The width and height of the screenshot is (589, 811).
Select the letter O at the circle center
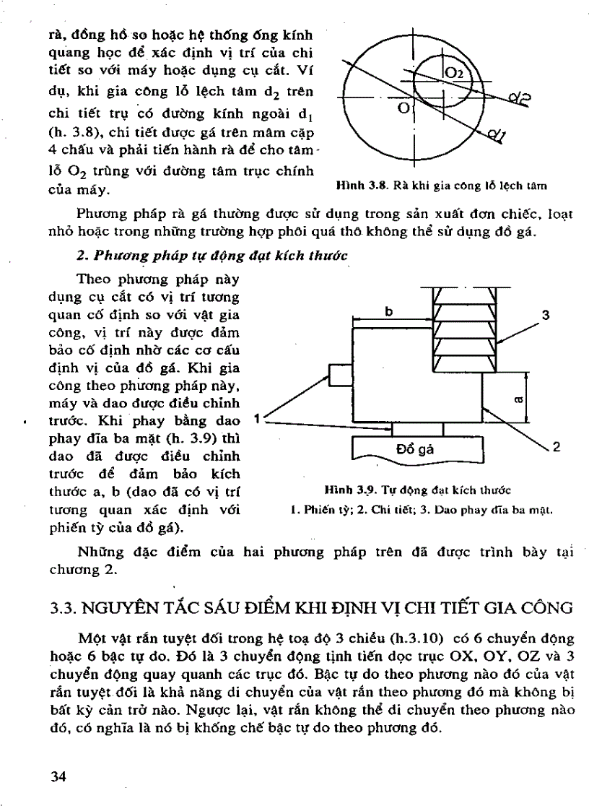point(404,108)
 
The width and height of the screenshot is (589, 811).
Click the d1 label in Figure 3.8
point(497,136)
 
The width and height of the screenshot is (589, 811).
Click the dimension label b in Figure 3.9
point(389,311)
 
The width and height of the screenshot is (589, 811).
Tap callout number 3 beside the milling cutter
point(545,315)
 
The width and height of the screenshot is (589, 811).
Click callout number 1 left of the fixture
point(258,419)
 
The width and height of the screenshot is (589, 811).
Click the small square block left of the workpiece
point(341,376)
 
